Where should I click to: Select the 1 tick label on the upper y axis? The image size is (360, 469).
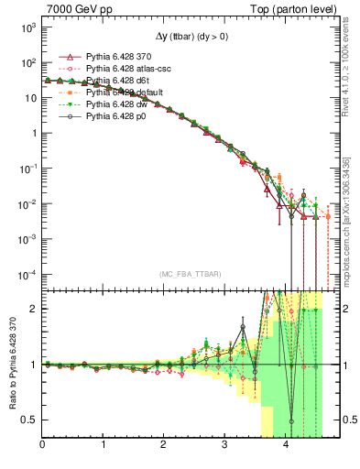coord(31,134)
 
